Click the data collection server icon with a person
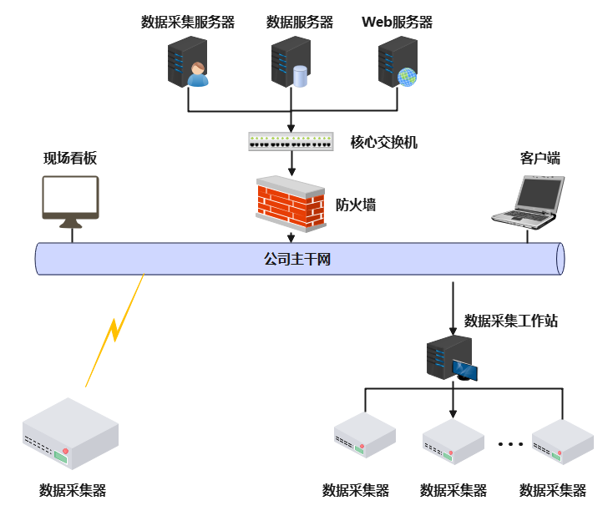click(188, 63)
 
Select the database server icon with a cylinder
click(291, 63)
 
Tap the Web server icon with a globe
click(398, 63)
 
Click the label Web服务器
click(397, 23)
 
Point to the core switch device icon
click(291, 141)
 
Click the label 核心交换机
click(383, 142)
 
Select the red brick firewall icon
click(290, 202)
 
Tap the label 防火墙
click(355, 205)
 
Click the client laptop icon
click(528, 201)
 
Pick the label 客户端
click(540, 158)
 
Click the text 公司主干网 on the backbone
click(297, 260)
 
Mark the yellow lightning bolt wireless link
click(115, 330)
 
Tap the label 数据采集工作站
click(510, 321)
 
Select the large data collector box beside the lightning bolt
click(70, 432)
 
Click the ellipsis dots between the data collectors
click(509, 443)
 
